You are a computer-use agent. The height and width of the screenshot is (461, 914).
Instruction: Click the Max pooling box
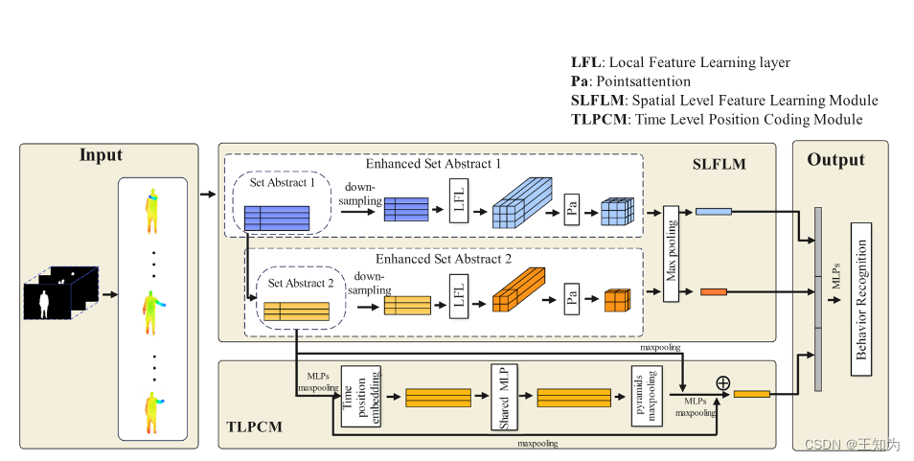coord(671,253)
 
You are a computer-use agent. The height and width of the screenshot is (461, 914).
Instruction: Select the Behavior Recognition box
coord(859,297)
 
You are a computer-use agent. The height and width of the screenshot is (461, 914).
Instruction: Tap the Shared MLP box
coord(504,398)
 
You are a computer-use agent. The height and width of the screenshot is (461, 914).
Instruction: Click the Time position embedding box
coord(354,398)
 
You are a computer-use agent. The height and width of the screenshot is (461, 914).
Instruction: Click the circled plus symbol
coord(722,382)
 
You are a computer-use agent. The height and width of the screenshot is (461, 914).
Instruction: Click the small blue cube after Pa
coord(616,211)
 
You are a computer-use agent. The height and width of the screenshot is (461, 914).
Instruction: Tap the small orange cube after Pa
coord(617,300)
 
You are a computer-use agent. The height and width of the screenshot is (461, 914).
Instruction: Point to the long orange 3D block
coord(517,290)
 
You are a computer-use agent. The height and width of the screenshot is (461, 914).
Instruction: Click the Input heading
coord(101,156)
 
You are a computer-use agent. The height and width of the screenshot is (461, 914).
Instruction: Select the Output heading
coord(835,159)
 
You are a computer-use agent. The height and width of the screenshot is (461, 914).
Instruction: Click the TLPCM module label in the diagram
coord(255,426)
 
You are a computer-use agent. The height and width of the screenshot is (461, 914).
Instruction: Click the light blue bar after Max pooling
coord(714,211)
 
